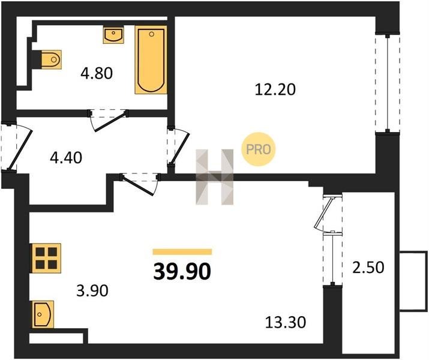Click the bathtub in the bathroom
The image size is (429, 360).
click(151, 60)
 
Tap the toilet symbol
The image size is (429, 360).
click(51, 59)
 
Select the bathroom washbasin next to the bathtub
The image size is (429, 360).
click(113, 34)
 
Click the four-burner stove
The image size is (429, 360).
click(46, 258)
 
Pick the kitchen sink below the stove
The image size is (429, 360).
click(43, 314)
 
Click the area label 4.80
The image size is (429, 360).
click(97, 73)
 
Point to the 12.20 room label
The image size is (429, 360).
click(275, 89)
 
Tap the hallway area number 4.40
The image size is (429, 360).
click(66, 158)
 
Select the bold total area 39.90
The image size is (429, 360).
click(182, 272)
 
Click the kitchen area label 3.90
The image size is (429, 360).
click(92, 290)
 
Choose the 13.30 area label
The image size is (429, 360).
click(286, 322)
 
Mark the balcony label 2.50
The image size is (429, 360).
click(368, 268)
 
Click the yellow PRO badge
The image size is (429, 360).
click(258, 149)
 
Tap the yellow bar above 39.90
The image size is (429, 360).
click(182, 251)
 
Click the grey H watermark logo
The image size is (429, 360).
click(215, 177)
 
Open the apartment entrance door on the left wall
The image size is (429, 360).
click(20, 149)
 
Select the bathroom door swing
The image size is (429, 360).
click(109, 121)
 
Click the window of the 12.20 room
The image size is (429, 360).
click(388, 83)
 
